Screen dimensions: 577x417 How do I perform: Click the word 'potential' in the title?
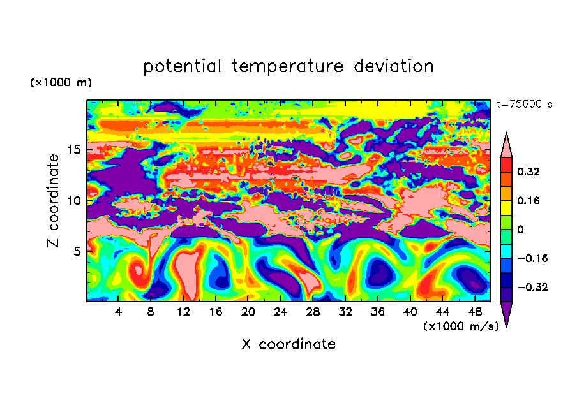(182, 67)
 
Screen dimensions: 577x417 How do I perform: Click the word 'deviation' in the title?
(394, 66)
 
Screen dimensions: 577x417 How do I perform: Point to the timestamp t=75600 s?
(525, 105)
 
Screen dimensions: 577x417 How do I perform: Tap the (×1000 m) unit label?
(61, 82)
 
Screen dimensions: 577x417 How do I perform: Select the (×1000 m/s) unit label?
(461, 326)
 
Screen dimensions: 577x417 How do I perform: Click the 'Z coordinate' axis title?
(53, 201)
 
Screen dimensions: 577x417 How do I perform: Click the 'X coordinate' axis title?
(288, 344)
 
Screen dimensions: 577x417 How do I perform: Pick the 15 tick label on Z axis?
(73, 150)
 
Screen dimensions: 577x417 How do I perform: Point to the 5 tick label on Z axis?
(77, 251)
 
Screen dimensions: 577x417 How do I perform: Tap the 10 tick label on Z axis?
(73, 201)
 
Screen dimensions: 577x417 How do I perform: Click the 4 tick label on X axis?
(118, 312)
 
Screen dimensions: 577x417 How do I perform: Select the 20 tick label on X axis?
(248, 312)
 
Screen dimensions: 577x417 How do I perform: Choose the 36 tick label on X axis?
(378, 312)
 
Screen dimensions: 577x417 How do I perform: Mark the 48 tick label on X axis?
(475, 312)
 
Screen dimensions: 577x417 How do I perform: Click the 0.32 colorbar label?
(528, 172)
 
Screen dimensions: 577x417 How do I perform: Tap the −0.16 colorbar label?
(532, 258)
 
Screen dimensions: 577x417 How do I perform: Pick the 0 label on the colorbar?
(520, 230)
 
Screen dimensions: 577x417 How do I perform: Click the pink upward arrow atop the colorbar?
(506, 145)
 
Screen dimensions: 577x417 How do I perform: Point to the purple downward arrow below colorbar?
(506, 314)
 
